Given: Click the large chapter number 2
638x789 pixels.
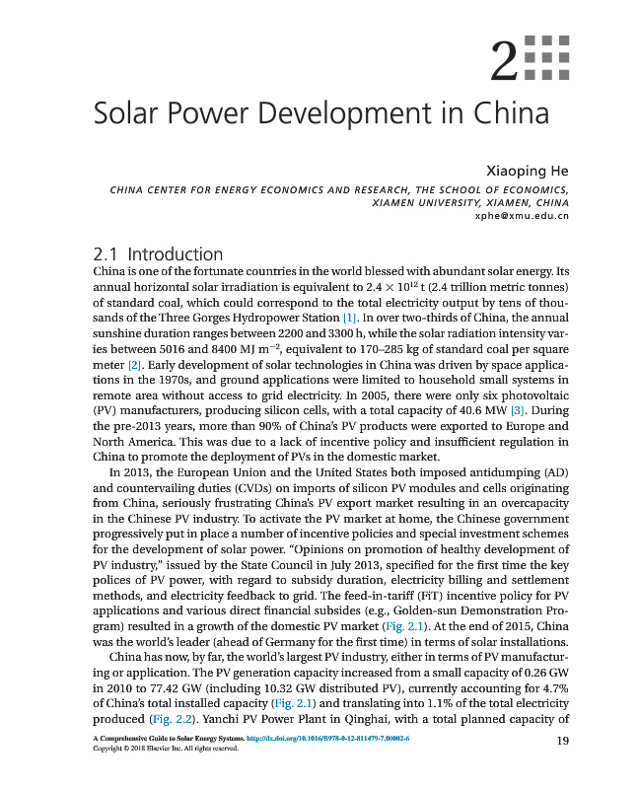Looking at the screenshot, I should pos(505,62).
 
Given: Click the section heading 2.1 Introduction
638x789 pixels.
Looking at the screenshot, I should pos(157,254).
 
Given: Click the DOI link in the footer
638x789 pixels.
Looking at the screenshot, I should pos(327,738).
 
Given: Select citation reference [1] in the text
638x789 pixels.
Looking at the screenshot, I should pos(349,319).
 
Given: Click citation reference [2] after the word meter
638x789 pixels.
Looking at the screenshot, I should pos(124,365).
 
